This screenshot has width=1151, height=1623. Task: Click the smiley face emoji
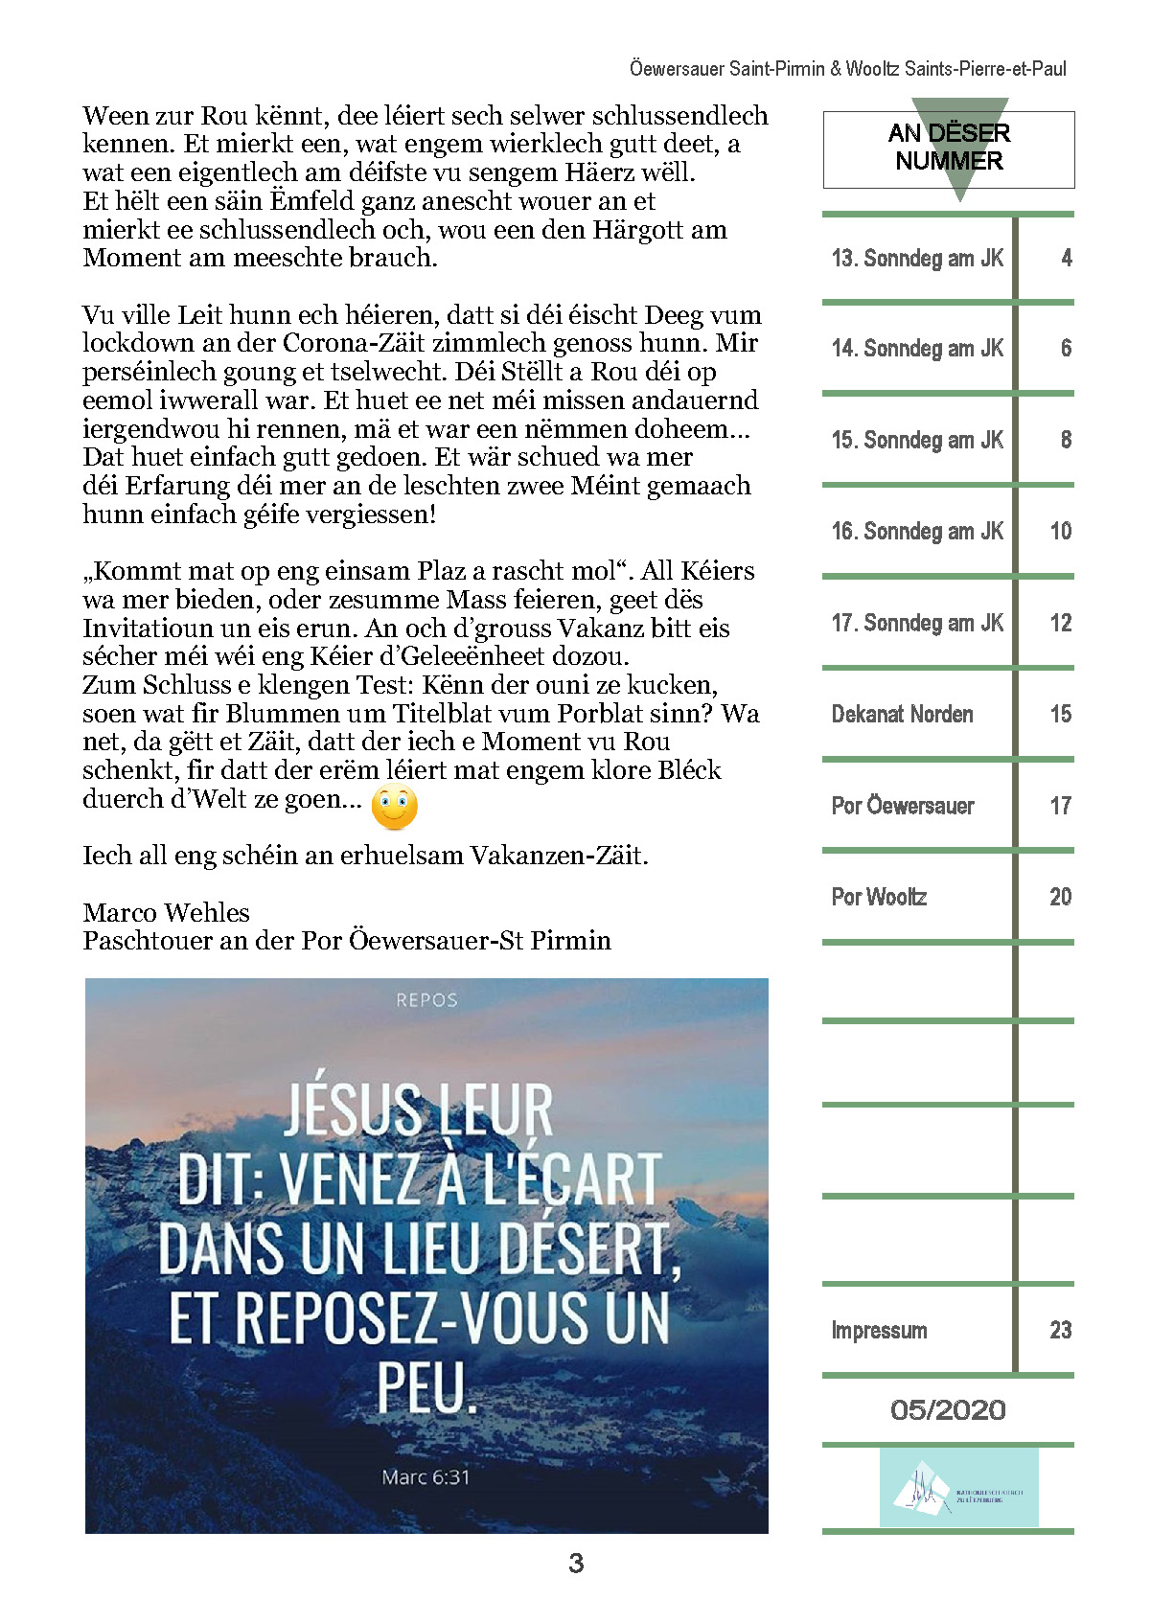pos(394,807)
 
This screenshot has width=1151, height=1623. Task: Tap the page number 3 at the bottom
pos(575,1564)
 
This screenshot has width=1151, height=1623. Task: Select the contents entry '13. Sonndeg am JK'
pos(917,258)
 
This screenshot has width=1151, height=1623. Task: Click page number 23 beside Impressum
pos(1060,1330)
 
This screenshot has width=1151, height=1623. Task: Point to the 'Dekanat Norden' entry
pos(902,714)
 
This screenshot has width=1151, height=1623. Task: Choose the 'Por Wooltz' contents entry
pos(879,897)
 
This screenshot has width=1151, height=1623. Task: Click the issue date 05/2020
pos(948,1409)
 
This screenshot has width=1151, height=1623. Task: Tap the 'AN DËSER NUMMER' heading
pos(949,147)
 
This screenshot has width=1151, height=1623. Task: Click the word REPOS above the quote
pos(426,1000)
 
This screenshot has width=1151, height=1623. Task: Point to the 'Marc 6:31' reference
pos(426,1477)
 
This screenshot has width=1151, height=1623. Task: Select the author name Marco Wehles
pos(166,912)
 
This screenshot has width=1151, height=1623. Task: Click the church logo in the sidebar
pos(958,1487)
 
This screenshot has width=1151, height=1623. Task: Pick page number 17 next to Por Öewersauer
pos(1060,806)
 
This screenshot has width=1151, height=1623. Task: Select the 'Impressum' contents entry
pos(879,1330)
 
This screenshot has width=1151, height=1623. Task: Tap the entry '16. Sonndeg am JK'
pos(917,531)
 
